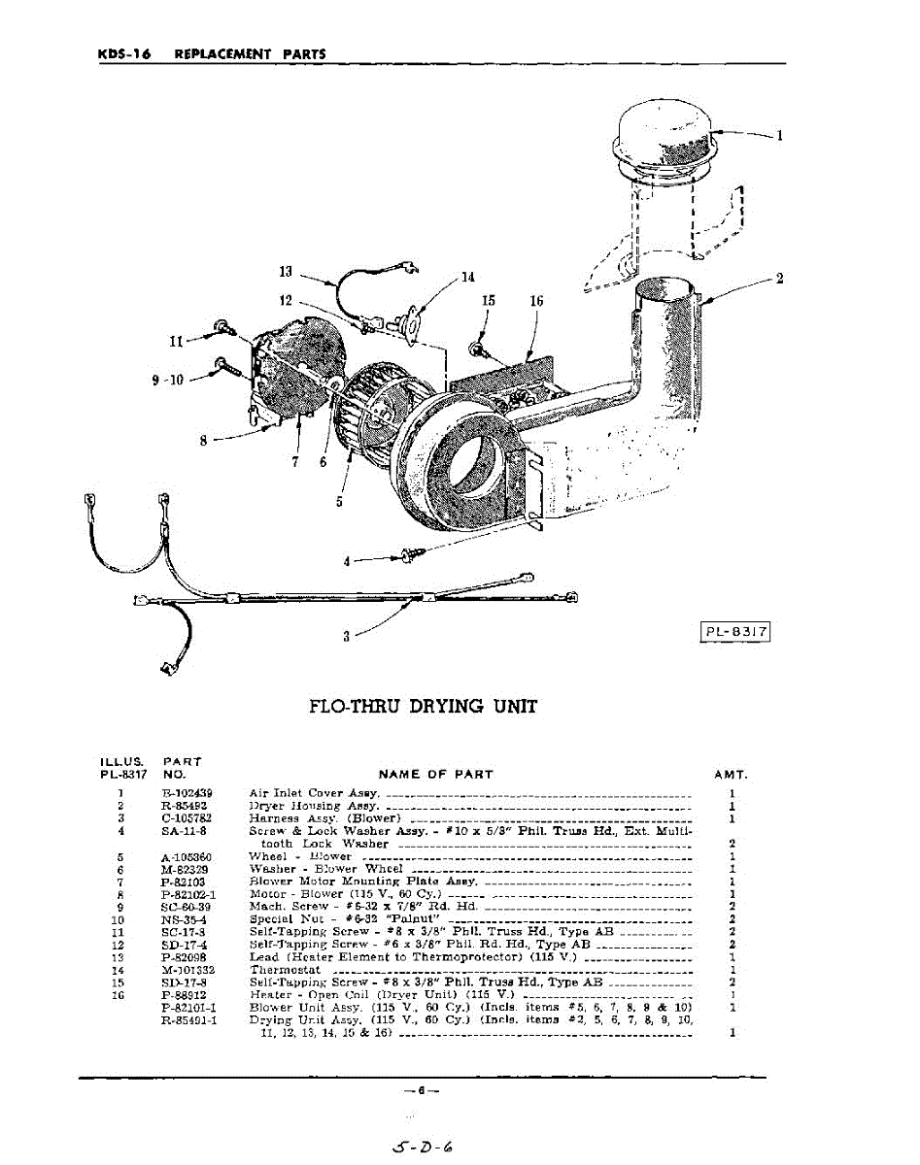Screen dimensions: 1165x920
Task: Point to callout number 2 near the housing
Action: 779,279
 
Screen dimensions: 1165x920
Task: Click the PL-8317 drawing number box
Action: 736,632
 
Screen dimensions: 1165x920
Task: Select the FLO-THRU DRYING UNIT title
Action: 423,707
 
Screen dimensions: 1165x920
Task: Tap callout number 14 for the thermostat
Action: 468,277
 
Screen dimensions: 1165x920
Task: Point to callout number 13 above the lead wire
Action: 285,272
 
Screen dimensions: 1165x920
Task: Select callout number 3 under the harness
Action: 346,638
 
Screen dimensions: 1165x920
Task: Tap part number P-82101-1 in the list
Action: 188,1008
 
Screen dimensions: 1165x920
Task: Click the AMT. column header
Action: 730,775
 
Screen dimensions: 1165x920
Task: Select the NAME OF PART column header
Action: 435,775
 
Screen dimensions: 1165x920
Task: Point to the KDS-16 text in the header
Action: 123,54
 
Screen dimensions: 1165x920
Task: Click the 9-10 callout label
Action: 168,380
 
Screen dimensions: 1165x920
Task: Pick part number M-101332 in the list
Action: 187,969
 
